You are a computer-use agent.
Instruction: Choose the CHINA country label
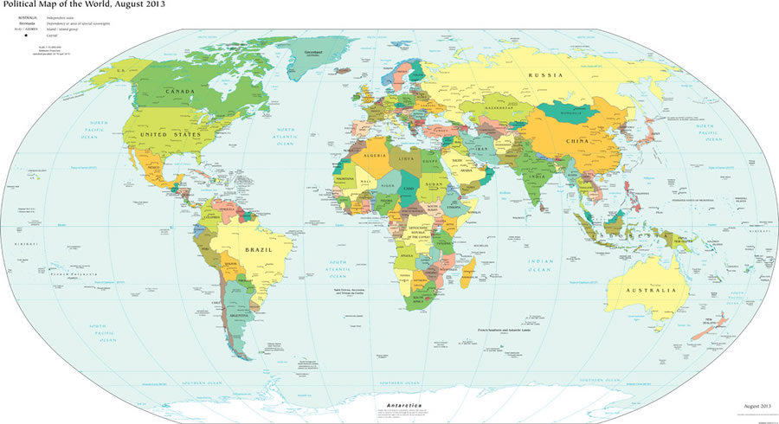[x=578, y=140]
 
